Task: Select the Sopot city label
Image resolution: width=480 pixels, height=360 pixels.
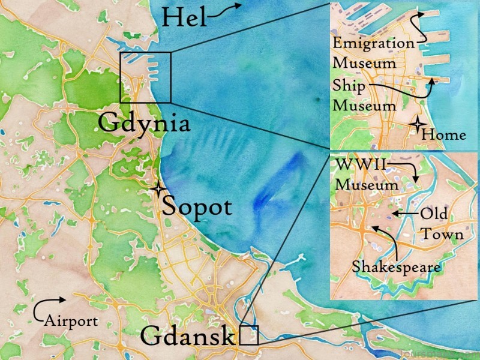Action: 197,207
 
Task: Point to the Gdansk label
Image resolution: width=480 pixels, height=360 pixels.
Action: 187,335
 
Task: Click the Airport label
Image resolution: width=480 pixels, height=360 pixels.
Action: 71,320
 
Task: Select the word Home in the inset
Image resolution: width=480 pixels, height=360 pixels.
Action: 443,134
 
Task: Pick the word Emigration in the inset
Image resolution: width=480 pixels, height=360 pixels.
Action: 373,43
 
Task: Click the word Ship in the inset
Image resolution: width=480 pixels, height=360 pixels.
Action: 349,87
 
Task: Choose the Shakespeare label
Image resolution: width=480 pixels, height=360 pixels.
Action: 397,265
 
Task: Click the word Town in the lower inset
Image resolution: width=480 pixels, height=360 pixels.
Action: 443,233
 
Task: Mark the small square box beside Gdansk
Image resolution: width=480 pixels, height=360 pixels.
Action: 248,335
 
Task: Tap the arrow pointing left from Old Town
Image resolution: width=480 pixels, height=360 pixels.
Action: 404,213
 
